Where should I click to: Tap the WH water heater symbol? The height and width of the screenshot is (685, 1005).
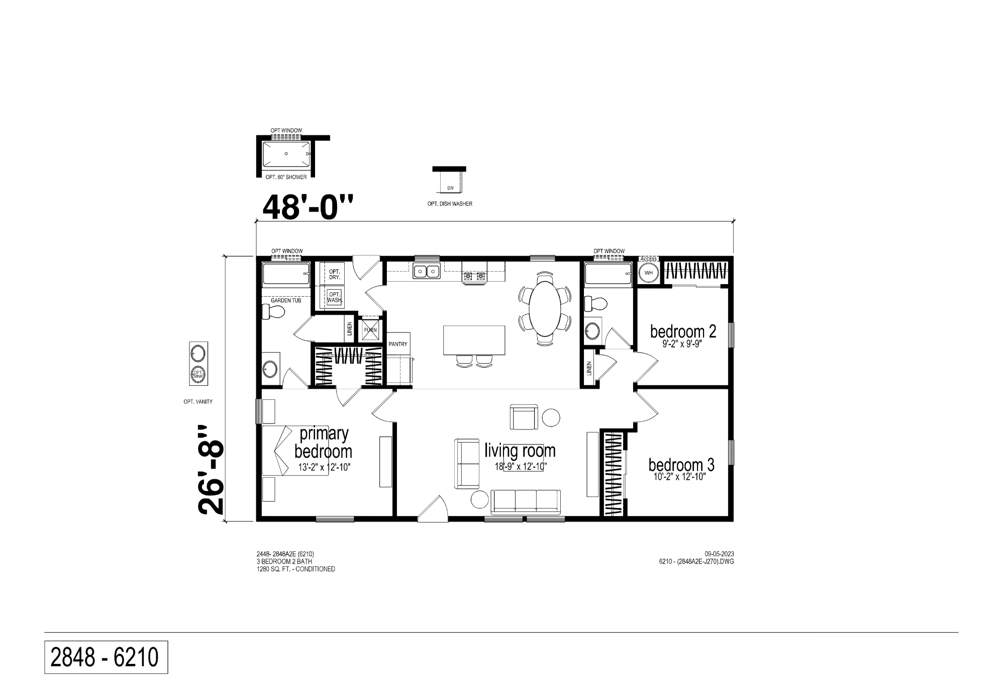(x=649, y=273)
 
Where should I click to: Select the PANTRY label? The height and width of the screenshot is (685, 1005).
(x=398, y=344)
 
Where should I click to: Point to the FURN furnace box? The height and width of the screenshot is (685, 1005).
(x=370, y=330)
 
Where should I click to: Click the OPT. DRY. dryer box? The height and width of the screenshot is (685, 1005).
(x=334, y=274)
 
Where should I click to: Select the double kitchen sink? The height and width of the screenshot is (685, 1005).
(x=426, y=272)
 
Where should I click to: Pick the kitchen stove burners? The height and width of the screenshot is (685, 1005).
(x=475, y=276)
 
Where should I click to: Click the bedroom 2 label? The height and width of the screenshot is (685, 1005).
(x=683, y=331)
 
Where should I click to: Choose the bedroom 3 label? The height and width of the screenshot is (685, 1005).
(x=681, y=464)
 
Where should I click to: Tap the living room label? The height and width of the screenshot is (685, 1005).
(x=520, y=450)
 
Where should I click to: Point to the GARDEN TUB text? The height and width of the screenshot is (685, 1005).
(x=286, y=300)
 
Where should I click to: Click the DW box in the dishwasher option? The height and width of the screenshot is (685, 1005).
(x=450, y=188)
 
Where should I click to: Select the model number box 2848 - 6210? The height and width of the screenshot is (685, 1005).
(x=106, y=657)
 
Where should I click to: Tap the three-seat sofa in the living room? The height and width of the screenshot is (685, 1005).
(x=526, y=501)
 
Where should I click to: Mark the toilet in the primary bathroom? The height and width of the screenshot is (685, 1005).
(x=274, y=312)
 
